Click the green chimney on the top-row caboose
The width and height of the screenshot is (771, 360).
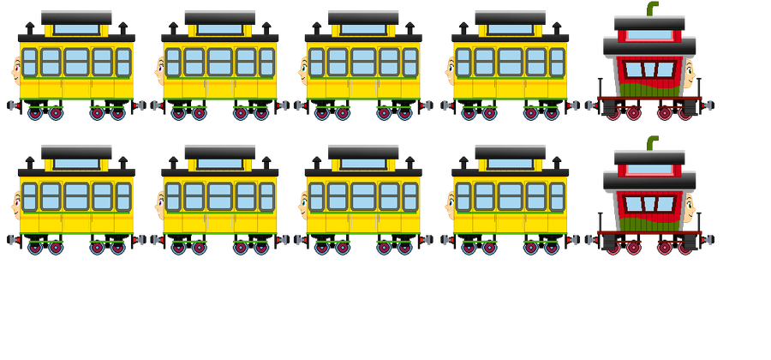[x=653, y=9]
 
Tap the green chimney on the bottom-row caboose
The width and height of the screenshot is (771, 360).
[x=653, y=142]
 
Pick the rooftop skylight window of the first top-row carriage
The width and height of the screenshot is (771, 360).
[x=76, y=29]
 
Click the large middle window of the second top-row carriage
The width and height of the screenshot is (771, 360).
[x=220, y=62]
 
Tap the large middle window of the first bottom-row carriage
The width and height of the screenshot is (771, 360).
[x=76, y=195]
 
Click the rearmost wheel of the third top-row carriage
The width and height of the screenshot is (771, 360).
[x=405, y=113]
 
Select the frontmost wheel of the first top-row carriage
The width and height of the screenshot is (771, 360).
[x=35, y=113]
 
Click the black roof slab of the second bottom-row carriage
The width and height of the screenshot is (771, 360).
[x=220, y=150]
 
